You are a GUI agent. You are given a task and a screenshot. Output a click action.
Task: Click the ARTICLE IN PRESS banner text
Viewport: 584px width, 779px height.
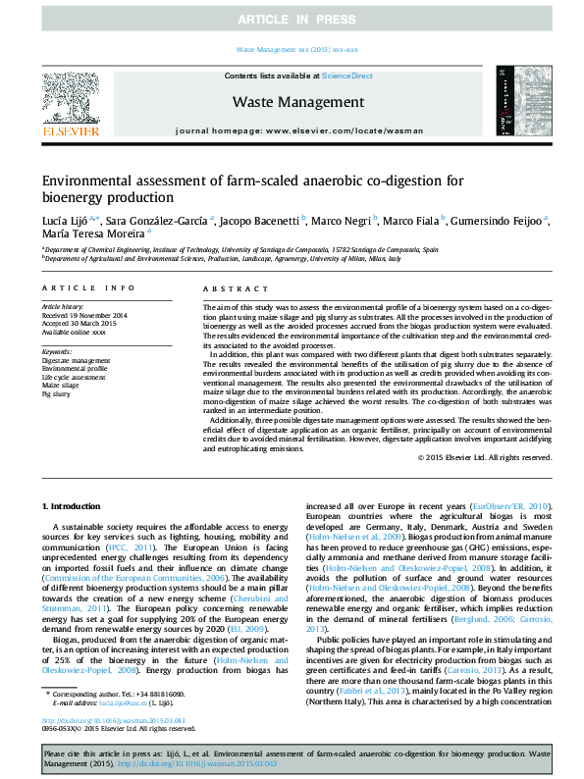(x=292, y=20)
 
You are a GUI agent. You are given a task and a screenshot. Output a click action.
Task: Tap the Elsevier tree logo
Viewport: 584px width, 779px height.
(x=70, y=97)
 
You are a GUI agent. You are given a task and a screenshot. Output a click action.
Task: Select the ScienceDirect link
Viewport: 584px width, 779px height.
(x=346, y=76)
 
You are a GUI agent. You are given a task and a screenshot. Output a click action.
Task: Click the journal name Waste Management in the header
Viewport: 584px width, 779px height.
(x=298, y=102)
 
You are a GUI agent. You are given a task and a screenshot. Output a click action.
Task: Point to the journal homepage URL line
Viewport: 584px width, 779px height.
(x=298, y=130)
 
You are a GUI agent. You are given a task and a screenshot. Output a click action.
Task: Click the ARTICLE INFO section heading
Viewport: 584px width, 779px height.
(x=88, y=287)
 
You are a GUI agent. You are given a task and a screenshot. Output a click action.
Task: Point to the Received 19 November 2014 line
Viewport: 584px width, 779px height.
(x=83, y=314)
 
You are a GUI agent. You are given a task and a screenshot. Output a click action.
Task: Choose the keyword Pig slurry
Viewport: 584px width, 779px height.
(x=56, y=392)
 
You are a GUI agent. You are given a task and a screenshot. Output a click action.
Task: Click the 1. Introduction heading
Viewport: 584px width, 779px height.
(x=75, y=505)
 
